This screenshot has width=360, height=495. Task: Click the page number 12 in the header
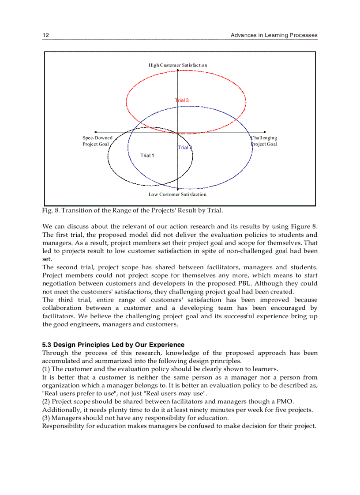pos(45,35)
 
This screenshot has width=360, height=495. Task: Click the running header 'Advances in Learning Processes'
pos(274,35)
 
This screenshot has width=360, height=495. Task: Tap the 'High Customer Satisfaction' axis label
pos(178,65)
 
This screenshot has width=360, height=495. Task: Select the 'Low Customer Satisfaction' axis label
pos(177,194)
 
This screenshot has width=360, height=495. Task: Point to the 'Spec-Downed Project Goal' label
pos(97,141)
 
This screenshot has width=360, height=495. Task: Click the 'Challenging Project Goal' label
pos(264,141)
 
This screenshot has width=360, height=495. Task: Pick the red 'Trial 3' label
pos(182,100)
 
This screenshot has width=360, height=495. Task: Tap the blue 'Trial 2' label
pos(185,148)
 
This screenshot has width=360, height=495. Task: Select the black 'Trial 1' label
pos(147,156)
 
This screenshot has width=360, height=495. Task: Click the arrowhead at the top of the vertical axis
pos(178,71)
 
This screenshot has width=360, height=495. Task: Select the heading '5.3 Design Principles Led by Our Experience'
pos(113,345)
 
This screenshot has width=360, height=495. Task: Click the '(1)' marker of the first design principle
pos(46,369)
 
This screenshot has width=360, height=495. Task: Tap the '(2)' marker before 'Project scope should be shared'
pos(46,402)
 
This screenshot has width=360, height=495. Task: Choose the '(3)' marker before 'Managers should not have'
pos(46,418)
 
